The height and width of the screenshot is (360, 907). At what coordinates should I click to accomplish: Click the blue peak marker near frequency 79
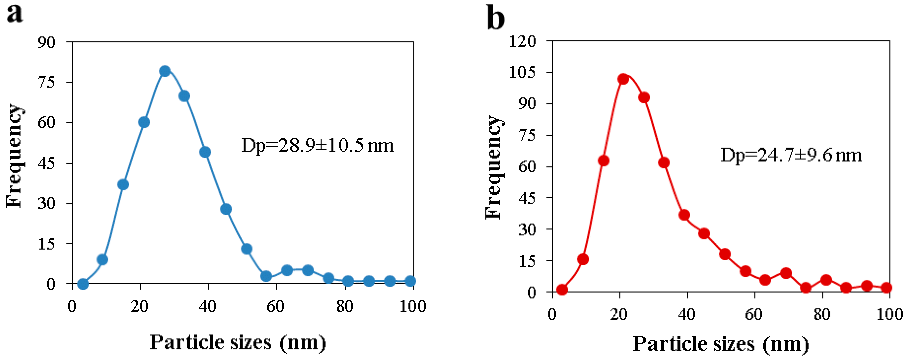pyautogui.click(x=164, y=71)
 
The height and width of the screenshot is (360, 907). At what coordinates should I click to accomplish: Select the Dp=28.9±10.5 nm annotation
pyautogui.click(x=317, y=145)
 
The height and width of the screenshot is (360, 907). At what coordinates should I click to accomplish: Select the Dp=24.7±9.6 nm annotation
pyautogui.click(x=791, y=155)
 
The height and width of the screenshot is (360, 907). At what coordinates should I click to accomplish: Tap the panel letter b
pyautogui.click(x=496, y=18)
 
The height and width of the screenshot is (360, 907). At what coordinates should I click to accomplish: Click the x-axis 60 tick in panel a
pyautogui.click(x=275, y=306)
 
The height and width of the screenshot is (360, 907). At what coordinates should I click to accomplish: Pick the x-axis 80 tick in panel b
pyautogui.click(x=822, y=314)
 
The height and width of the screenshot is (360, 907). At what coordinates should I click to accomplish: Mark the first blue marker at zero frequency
pyautogui.click(x=82, y=284)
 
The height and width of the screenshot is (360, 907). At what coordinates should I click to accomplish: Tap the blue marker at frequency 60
pyautogui.click(x=144, y=123)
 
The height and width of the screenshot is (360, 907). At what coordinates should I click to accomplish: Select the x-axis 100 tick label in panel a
pyautogui.click(x=413, y=306)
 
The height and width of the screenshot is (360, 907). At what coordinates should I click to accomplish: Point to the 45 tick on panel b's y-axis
pyautogui.click(x=527, y=198)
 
